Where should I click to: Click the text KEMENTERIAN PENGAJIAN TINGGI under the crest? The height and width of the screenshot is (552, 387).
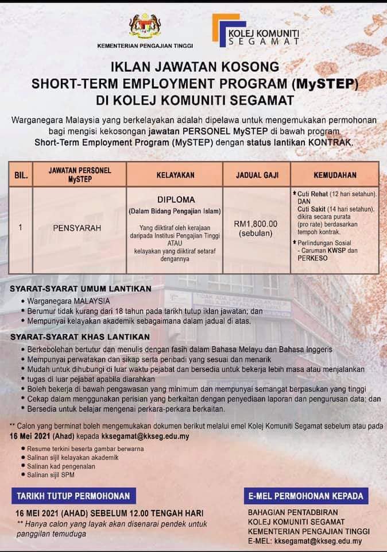[145, 45]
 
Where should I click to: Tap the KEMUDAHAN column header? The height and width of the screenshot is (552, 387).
[335, 174]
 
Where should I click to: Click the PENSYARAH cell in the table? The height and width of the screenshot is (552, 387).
[77, 228]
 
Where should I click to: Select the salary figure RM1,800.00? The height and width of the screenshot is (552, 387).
[256, 224]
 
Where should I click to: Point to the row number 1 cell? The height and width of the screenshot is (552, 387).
[20, 228]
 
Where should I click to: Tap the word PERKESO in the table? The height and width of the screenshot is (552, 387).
[311, 259]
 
